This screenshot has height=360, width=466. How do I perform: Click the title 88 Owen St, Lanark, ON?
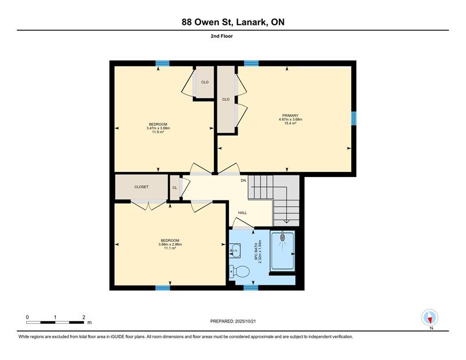pyautogui.click(x=233, y=22)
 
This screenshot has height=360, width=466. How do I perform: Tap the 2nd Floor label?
pyautogui.click(x=222, y=36)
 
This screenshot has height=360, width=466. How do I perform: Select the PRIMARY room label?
pyautogui.click(x=290, y=116)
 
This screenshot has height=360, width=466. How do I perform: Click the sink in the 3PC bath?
pyautogui.click(x=235, y=251)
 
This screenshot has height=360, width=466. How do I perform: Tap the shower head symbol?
pyautogui.click(x=283, y=237)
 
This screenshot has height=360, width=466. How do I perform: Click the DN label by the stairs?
pyautogui.click(x=243, y=181)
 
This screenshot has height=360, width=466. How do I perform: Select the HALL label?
pyautogui.click(x=242, y=213)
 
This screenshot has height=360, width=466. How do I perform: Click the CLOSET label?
pyautogui.click(x=142, y=187)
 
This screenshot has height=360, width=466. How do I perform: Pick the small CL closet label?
pyautogui.click(x=175, y=188)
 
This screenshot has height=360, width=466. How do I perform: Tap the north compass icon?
pyautogui.click(x=430, y=317)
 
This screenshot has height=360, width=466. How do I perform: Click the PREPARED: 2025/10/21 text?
pyautogui.click(x=233, y=322)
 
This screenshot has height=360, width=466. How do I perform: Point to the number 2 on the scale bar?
pyautogui.click(x=84, y=317)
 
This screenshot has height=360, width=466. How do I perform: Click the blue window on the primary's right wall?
pyautogui.click(x=354, y=118)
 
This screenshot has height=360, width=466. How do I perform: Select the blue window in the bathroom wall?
pyautogui.click(x=251, y=287)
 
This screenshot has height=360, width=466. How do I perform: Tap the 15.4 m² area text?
pyautogui.click(x=290, y=123)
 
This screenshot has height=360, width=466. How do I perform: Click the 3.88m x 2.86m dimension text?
pyautogui.click(x=170, y=244)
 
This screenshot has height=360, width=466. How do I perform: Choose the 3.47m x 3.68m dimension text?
pyautogui.click(x=158, y=128)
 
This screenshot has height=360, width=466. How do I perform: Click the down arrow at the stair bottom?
pyautogui.click(x=287, y=221)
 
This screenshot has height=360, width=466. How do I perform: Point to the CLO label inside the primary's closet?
pyautogui.click(x=226, y=99)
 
